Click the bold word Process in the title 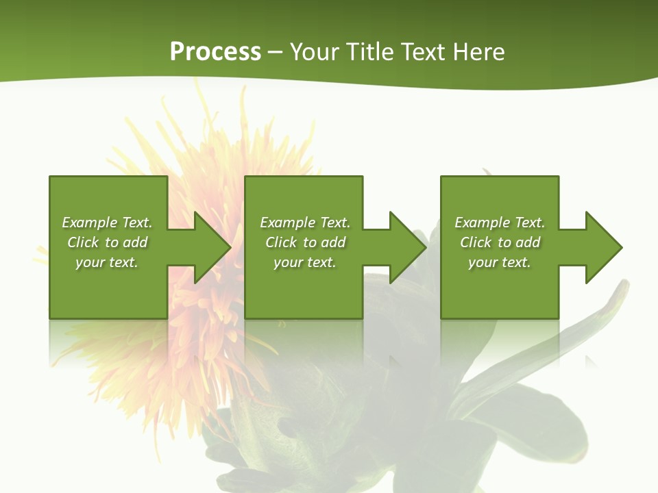tap(215, 52)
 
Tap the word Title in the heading tap(369, 52)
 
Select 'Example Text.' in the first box tap(107, 223)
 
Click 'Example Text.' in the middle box tap(304, 223)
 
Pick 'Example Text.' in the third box tap(500, 223)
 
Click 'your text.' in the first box tap(107, 262)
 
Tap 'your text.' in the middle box tap(304, 262)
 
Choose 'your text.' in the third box tap(500, 262)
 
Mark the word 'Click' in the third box tap(476, 242)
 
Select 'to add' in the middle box tap(324, 242)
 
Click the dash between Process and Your tap(275, 53)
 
